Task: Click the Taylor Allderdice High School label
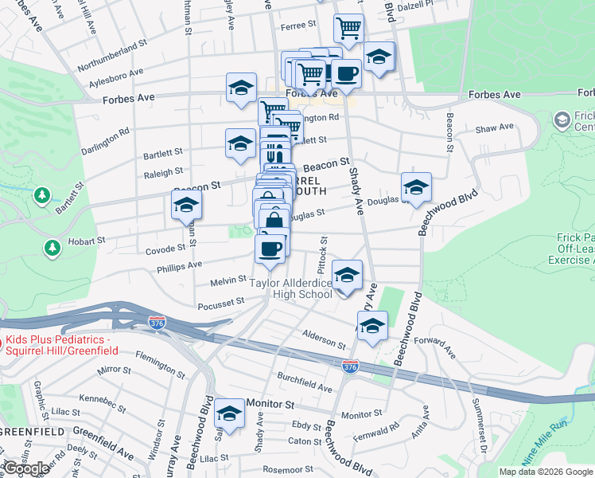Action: [x=291, y=288]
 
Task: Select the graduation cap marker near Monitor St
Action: [x=230, y=415]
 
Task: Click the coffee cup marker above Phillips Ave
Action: [x=270, y=249]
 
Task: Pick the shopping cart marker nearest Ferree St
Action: [x=348, y=29]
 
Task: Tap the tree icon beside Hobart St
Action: [x=52, y=248]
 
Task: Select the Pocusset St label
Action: [x=220, y=304]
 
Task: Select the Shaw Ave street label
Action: [x=494, y=127]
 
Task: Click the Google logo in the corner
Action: [x=26, y=468]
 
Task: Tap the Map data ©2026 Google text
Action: [x=546, y=472]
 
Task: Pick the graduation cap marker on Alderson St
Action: [x=371, y=327]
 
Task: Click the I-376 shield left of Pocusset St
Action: [x=157, y=322]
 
